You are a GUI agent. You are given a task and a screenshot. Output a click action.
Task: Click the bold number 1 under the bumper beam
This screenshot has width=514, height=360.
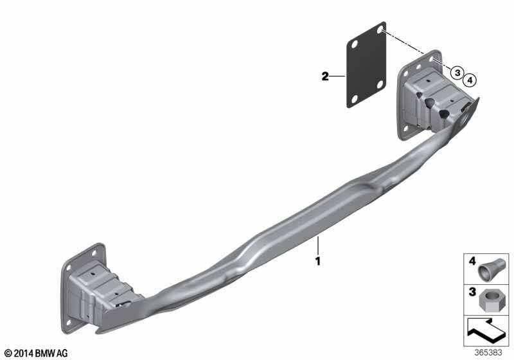(x=317, y=261)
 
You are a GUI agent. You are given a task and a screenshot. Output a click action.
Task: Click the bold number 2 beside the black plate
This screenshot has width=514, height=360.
(x=325, y=76)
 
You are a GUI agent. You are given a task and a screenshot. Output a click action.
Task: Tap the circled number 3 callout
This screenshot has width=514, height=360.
(x=457, y=73)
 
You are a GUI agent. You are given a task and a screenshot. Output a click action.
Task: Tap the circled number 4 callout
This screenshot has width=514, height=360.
(x=470, y=80)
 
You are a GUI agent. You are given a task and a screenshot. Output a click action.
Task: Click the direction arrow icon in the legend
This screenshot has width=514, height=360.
(x=486, y=331)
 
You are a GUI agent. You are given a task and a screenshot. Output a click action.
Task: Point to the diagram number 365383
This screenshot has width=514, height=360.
(x=488, y=353)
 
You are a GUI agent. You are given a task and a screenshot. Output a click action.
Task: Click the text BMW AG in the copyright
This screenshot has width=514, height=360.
(x=51, y=354)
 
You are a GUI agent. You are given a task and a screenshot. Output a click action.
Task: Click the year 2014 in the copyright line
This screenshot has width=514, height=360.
(x=24, y=354)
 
